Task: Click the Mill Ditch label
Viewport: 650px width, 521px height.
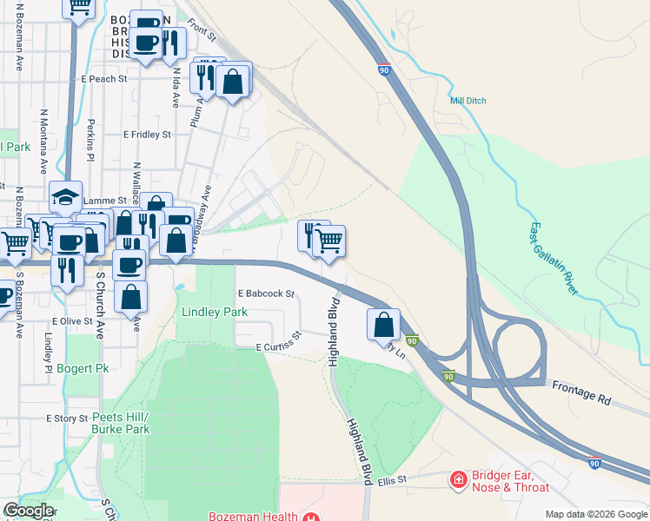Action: (468, 101)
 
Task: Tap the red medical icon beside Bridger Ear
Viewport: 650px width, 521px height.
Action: (457, 478)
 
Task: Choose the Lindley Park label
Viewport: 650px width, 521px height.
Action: (214, 312)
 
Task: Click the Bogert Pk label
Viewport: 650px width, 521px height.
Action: (83, 368)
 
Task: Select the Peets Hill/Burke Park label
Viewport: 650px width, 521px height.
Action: (121, 423)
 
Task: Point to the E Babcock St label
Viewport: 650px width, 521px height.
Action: (266, 293)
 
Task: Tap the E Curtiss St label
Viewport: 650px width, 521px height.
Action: (278, 342)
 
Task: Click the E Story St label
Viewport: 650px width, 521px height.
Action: (67, 418)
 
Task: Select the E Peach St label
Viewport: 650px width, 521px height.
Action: (104, 78)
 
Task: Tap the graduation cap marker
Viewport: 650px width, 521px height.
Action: (65, 195)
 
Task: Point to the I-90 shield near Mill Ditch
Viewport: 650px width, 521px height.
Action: (384, 68)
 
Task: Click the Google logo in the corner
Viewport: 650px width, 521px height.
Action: (28, 511)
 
